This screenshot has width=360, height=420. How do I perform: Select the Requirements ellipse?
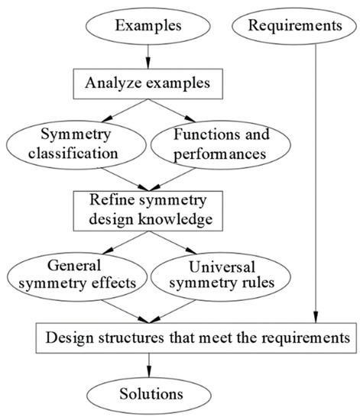pos(294,27)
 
